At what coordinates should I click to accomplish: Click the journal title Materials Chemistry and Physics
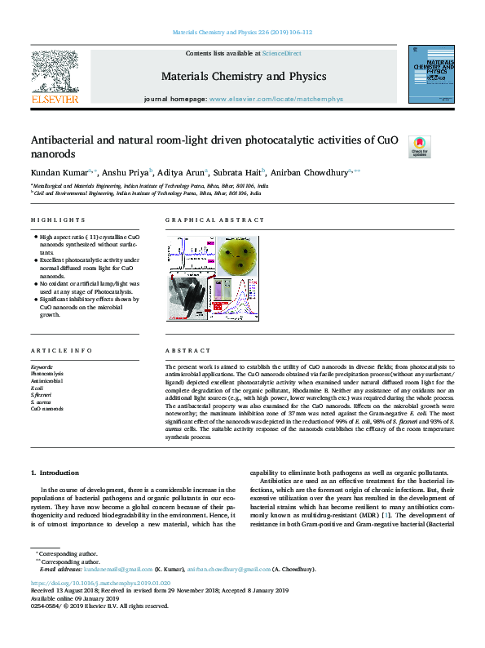244,77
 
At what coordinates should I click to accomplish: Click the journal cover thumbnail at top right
431,74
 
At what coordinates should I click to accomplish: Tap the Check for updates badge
420,146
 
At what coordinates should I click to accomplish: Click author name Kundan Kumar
53,172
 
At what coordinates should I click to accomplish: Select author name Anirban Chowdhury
311,172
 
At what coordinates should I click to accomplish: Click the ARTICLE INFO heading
61,351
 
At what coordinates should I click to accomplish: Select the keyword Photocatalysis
47,373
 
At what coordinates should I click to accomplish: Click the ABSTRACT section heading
187,351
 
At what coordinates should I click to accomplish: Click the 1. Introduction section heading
55,473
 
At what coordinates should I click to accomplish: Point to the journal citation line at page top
243,33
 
